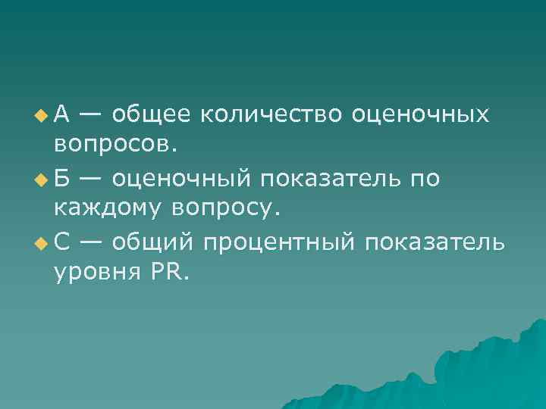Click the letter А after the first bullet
tap(62, 114)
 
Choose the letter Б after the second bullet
tap(62, 178)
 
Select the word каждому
tap(109, 207)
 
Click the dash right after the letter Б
tap(91, 179)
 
